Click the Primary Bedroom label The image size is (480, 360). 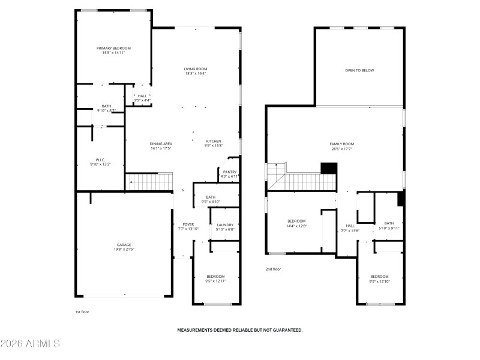click(113, 48)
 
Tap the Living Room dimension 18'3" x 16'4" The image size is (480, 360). click(196, 74)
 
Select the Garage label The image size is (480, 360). click(125, 245)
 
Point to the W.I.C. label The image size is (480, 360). click(100, 160)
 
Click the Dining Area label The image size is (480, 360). click(161, 144)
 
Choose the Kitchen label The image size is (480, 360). click(214, 141)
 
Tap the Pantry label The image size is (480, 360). click(229, 172)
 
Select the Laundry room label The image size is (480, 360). click(225, 225)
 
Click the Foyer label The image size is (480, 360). click(188, 224)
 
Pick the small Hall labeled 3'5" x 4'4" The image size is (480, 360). click(142, 95)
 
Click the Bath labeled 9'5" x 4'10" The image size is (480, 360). click(211, 197)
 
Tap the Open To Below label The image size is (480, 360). click(359, 70)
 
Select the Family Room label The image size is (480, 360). click(342, 144)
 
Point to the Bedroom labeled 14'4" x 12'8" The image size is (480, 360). click(296, 221)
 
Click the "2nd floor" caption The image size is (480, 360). click(273, 269)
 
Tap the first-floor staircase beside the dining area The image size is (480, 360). click(148, 181)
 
